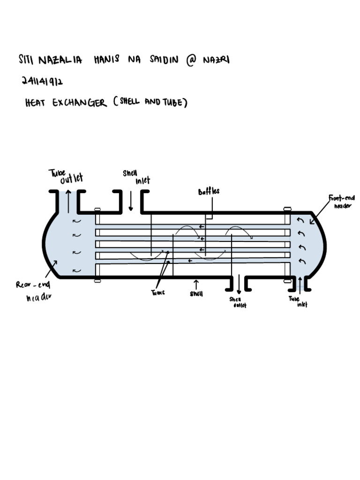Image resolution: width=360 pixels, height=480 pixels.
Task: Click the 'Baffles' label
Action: [209, 191]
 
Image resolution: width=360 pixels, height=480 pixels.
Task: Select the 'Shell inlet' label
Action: [136, 177]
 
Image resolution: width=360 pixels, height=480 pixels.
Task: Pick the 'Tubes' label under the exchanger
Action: [157, 292]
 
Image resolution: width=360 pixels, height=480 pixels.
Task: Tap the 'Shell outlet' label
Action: [237, 302]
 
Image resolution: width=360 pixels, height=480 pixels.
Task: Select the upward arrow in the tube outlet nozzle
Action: [68, 201]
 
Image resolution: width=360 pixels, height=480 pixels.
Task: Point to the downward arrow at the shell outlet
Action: [239, 285]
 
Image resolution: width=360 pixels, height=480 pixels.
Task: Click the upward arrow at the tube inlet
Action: [300, 285]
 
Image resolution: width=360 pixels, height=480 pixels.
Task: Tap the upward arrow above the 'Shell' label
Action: [196, 284]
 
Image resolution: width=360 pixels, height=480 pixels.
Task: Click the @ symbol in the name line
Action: [191, 61]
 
